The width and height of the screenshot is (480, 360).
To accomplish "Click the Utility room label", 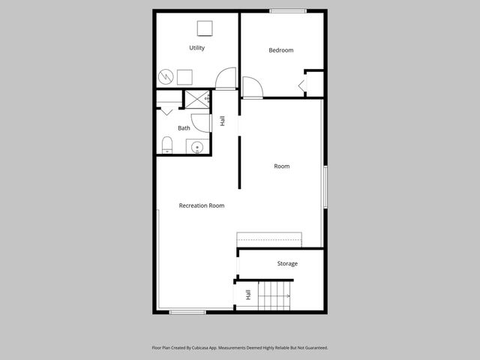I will click(196, 48).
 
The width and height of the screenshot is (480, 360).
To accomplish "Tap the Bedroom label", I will click(280, 50).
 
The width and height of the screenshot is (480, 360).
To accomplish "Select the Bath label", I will click(184, 128).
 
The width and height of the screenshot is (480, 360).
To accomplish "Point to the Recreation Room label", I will click(201, 205).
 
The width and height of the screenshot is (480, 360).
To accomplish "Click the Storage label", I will click(287, 263).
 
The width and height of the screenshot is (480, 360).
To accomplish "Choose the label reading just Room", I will click(281, 166).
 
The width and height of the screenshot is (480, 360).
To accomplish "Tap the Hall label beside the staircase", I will click(247, 295).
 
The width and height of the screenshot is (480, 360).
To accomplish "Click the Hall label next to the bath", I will click(222, 120).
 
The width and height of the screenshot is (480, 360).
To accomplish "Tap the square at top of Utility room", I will click(205, 28).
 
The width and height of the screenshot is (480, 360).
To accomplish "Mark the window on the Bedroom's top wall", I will click(288, 10).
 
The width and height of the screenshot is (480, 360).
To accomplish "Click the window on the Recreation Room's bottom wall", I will click(187, 312).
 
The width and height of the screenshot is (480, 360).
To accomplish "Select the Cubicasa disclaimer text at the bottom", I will click(240, 348).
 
